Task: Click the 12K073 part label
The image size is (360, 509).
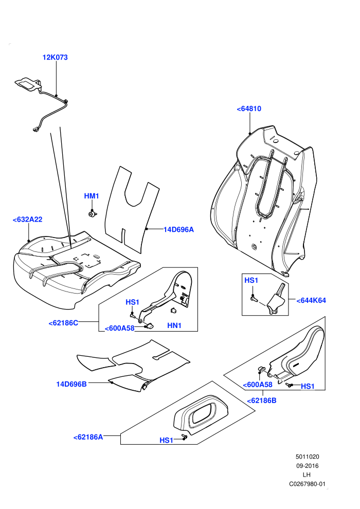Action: pos(55,58)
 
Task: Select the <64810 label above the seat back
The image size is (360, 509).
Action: pos(249,109)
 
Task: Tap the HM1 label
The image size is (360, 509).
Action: pos(92,196)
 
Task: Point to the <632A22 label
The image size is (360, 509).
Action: pos(28,220)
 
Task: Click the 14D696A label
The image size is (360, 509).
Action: pos(178,229)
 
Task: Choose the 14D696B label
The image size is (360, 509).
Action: pos(71,384)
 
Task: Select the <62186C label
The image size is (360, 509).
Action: pos(63,323)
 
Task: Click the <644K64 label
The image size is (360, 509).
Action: pos(311,300)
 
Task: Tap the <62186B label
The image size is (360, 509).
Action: pos(262,401)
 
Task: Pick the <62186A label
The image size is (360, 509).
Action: pos(88,437)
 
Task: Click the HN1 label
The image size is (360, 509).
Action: pos(174,325)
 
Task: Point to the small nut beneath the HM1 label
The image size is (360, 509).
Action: pos(93,213)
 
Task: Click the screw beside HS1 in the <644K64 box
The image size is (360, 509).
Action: pos(254,298)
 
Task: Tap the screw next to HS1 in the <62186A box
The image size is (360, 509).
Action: pos(185,437)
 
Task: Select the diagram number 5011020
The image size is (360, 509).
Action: pos(307,457)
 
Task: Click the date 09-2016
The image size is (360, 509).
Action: pos(307,466)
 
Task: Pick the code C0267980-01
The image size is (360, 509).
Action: pos(307,484)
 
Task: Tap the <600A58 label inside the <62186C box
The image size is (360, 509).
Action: pos(119,328)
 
